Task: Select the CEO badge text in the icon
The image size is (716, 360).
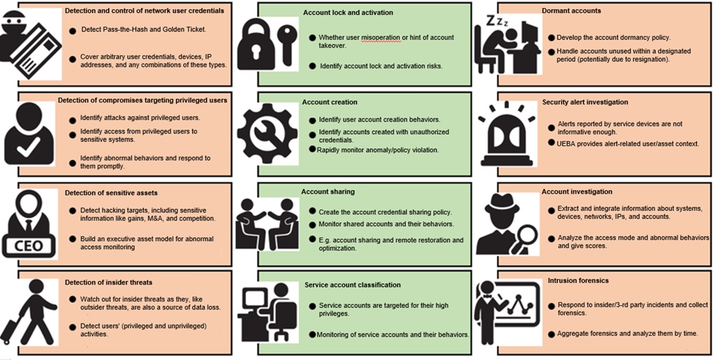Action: pyautogui.click(x=28, y=247)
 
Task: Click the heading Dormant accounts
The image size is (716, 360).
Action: pyautogui.click(x=571, y=11)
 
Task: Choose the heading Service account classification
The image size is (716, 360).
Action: pyautogui.click(x=352, y=284)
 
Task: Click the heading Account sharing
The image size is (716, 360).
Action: pyautogui.click(x=328, y=192)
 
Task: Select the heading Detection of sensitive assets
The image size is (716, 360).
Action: pyautogui.click(x=111, y=192)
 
